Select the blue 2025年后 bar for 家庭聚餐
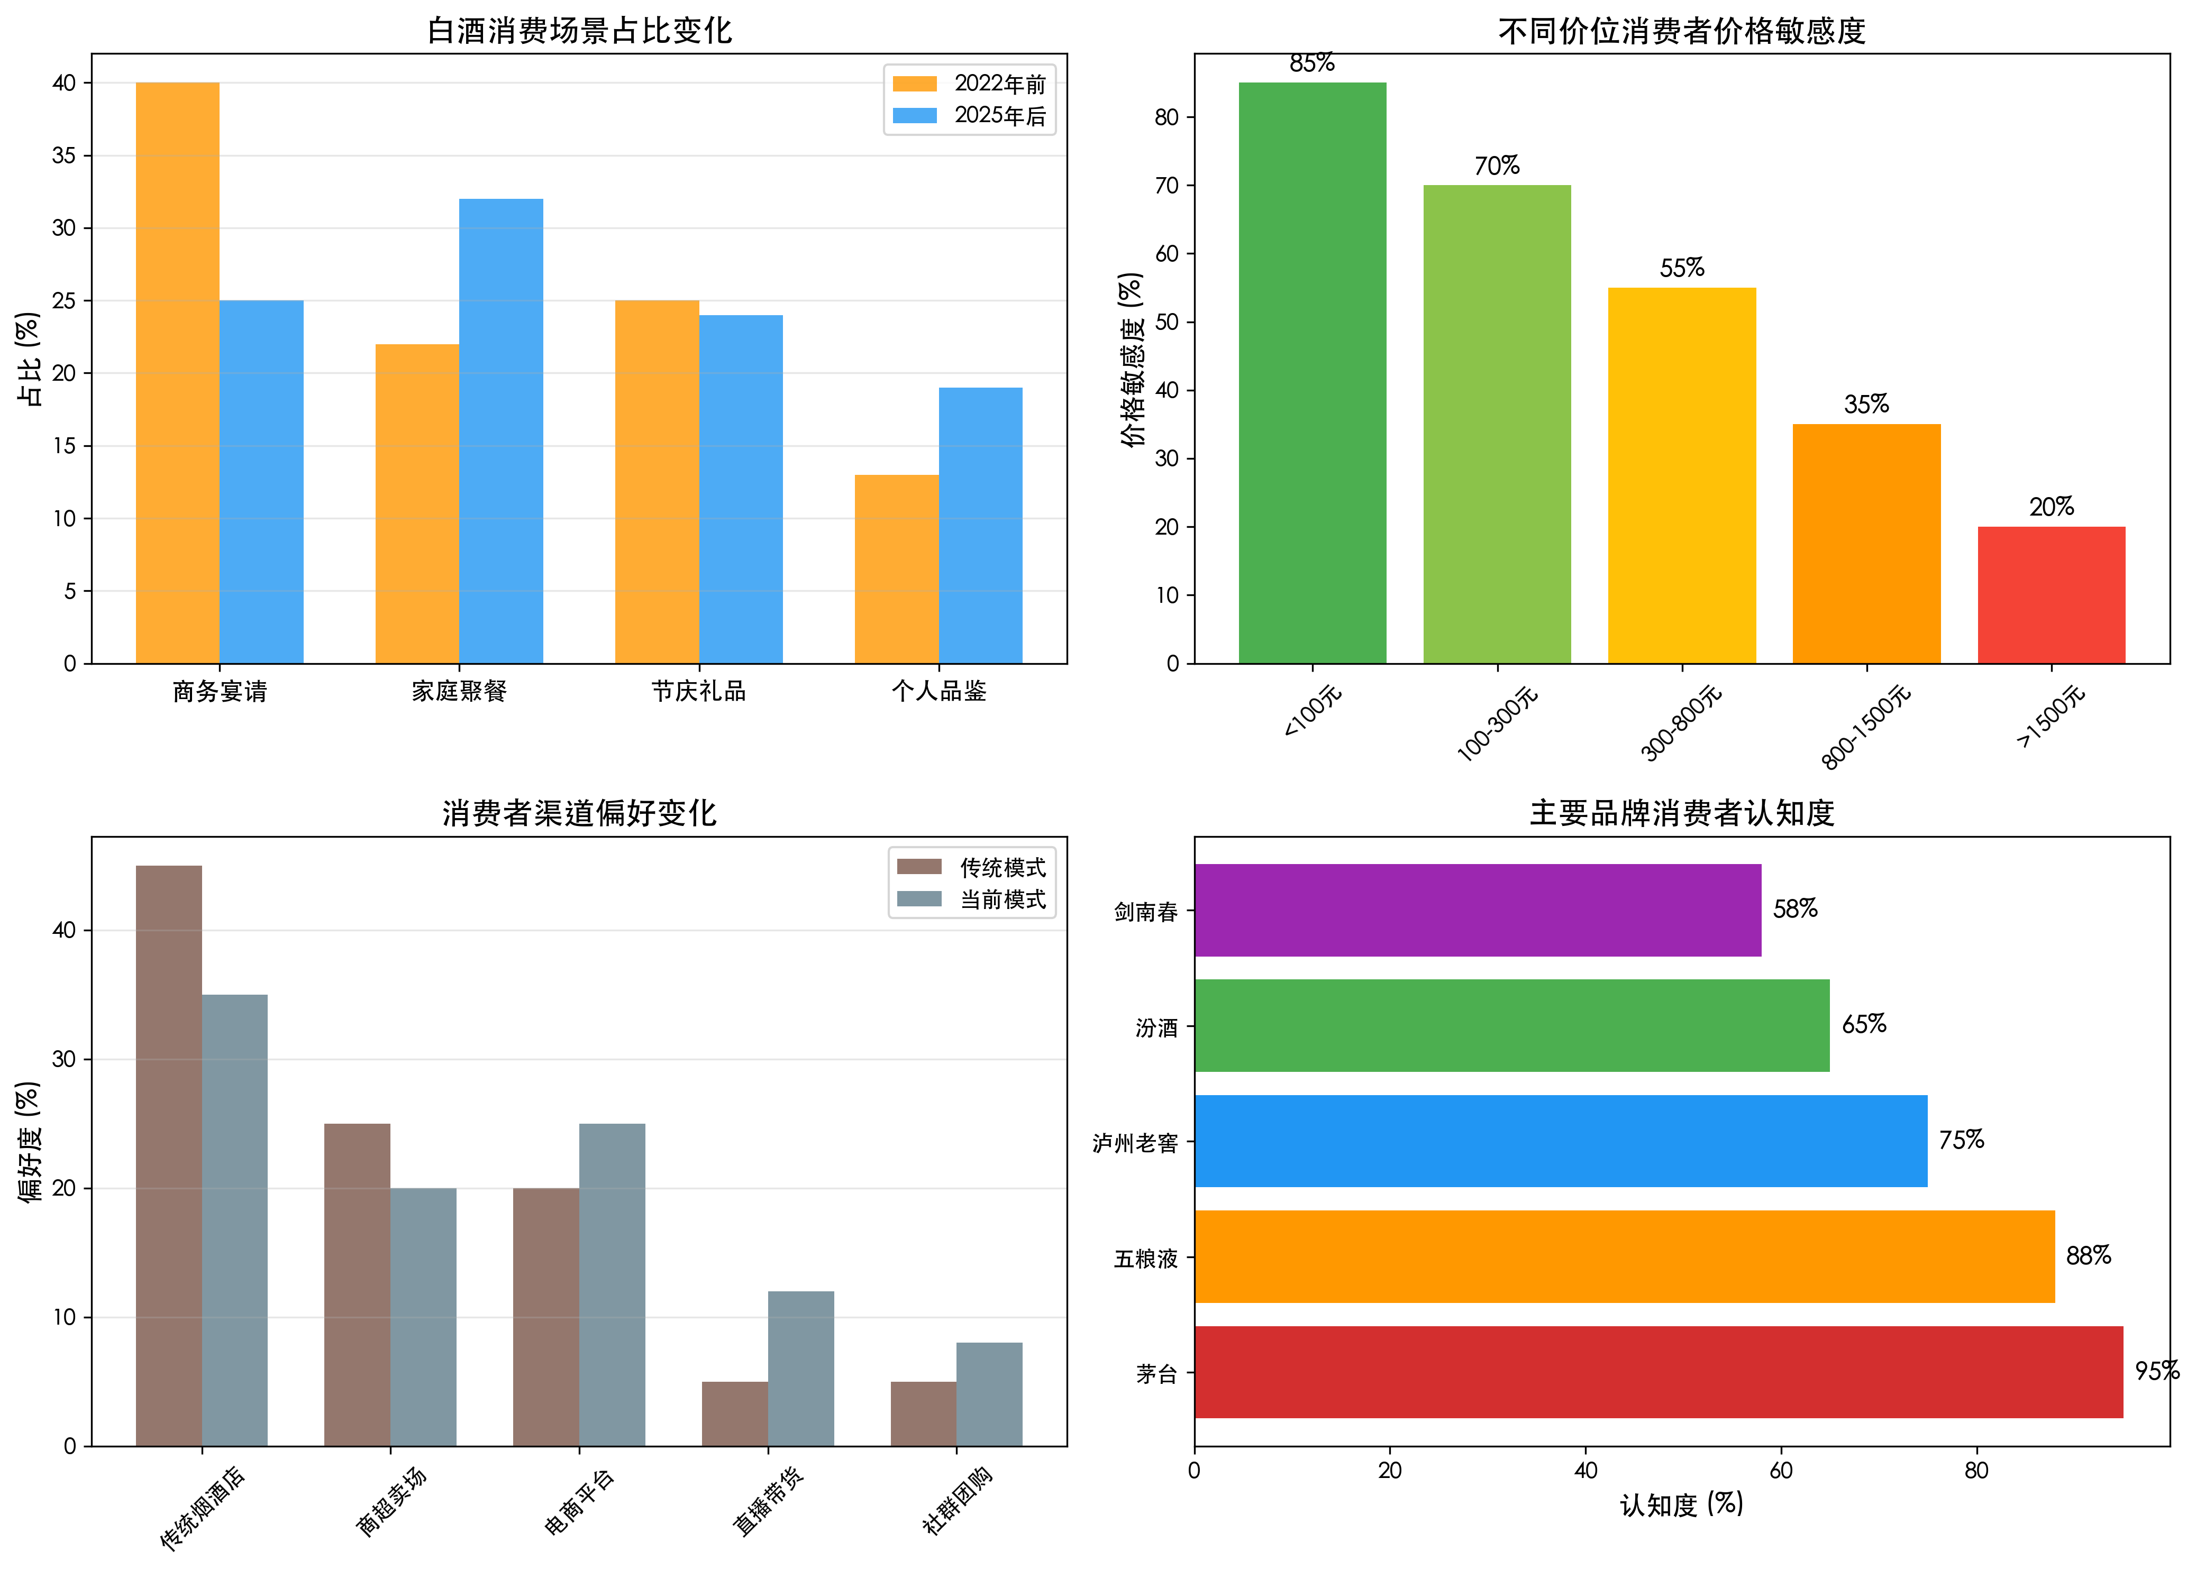(x=501, y=430)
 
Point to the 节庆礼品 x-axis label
(x=698, y=691)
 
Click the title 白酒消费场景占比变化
(x=579, y=31)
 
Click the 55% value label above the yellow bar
(x=1682, y=268)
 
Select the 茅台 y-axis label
(x=1156, y=1374)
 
